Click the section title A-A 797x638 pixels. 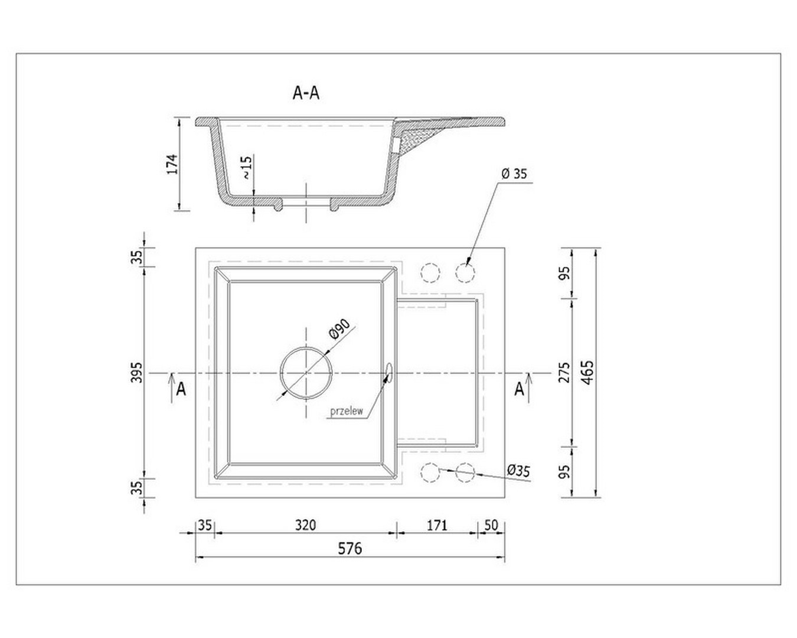pos(306,93)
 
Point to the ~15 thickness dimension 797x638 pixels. pos(247,168)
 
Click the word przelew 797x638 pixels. pos(347,412)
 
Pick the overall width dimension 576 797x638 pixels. pos(349,548)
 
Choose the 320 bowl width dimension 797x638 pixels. pos(306,525)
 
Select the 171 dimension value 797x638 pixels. pos(437,525)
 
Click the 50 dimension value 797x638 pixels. pos(491,525)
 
